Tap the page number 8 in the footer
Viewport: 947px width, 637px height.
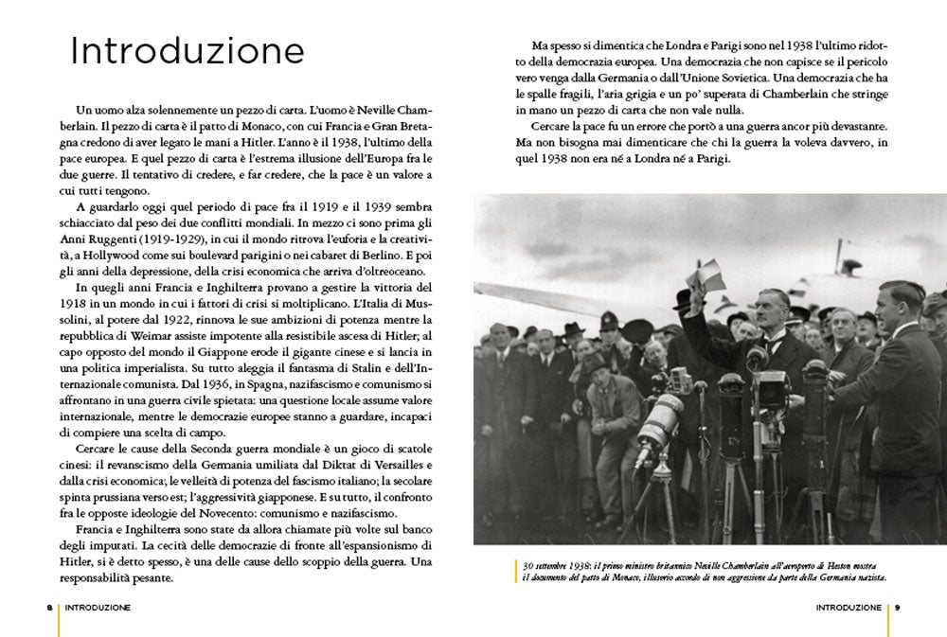click(48, 607)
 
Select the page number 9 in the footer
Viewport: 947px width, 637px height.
click(898, 607)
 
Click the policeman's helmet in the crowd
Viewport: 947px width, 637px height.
click(610, 322)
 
